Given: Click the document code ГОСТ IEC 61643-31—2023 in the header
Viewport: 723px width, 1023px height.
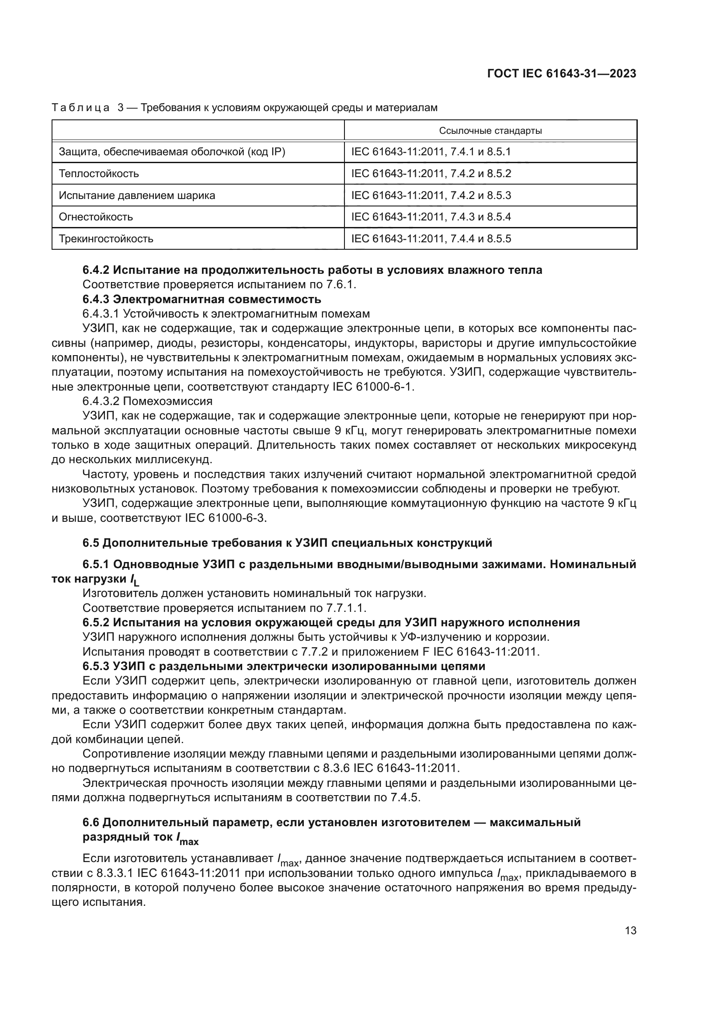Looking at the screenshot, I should click(561, 73).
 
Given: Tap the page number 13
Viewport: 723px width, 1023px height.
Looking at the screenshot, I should click(630, 931).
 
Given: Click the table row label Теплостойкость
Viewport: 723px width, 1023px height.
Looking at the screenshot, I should click(99, 173).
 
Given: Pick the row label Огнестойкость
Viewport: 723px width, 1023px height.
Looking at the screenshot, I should click(96, 217).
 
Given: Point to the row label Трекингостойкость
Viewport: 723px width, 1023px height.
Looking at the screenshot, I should click(106, 239).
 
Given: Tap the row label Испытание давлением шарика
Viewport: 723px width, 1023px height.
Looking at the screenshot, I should click(137, 195).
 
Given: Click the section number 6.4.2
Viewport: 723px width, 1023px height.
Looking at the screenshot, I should click(96, 270).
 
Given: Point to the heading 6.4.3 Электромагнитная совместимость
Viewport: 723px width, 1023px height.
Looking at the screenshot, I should click(202, 299).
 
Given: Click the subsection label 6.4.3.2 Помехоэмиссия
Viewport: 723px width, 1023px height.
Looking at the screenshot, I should click(147, 401).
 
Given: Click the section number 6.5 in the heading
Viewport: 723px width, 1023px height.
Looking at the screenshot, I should click(91, 543).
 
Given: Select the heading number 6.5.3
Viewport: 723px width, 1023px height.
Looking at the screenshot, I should click(96, 667).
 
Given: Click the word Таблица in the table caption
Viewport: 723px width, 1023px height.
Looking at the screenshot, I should click(80, 108).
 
